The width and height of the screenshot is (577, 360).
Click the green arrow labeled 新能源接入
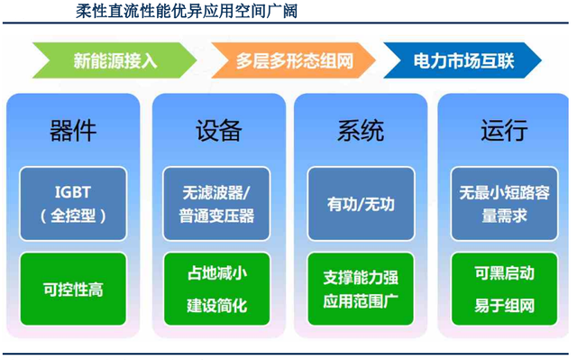click(x=114, y=60)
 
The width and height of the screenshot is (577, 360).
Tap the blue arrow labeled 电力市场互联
click(x=463, y=60)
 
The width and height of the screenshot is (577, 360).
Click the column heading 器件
click(x=73, y=131)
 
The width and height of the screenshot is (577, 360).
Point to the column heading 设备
click(x=218, y=131)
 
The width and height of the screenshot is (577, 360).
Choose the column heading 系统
click(x=361, y=131)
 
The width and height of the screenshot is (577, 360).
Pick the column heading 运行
click(x=504, y=131)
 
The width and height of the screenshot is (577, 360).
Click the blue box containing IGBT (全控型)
click(x=73, y=204)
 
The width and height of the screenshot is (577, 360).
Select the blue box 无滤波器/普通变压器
click(x=216, y=204)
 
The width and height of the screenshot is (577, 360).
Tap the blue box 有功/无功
click(x=361, y=204)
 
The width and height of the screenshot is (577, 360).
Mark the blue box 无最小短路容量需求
click(x=504, y=204)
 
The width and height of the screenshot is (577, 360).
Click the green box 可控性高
click(x=73, y=289)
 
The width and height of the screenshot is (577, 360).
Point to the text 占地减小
click(x=217, y=273)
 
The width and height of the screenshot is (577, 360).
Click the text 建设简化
click(x=217, y=306)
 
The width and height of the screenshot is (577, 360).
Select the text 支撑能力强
click(x=361, y=278)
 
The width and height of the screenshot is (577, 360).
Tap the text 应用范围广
click(x=361, y=301)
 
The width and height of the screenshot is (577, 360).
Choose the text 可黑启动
click(x=504, y=273)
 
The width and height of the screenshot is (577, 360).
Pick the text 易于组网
click(x=504, y=306)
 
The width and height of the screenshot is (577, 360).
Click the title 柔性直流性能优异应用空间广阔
click(x=187, y=11)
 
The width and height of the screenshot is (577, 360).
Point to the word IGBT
click(x=73, y=192)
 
